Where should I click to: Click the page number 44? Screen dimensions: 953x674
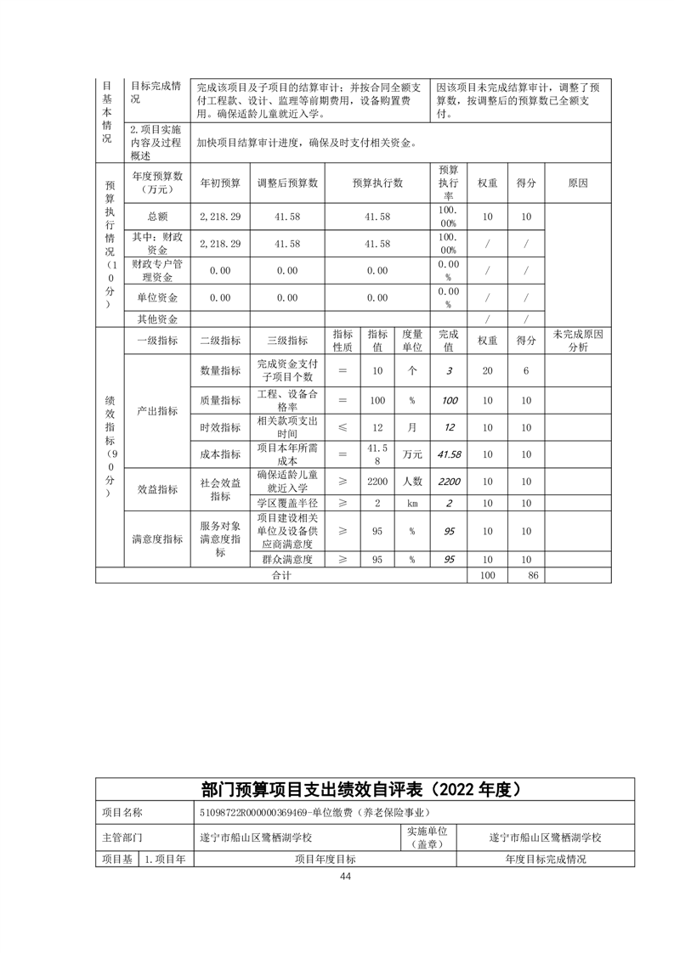345,877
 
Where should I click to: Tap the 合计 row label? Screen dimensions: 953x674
281,575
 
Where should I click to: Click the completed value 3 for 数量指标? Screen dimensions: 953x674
449,370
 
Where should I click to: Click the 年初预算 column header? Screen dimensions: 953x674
220,183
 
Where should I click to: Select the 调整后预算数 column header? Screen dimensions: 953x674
287,183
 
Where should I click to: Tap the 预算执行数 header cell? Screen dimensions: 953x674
377,183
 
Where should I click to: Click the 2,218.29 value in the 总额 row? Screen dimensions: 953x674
220,217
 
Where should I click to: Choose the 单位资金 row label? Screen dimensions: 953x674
156,297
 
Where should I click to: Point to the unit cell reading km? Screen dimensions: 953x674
411,503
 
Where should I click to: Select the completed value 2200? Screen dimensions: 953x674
449,482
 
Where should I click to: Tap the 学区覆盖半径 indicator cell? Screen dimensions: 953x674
287,503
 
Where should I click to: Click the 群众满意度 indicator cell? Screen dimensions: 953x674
287,560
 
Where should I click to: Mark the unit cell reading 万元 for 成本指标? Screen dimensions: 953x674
411,454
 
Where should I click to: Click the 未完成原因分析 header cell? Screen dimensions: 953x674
577,340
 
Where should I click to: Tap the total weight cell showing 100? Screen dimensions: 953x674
487,575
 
